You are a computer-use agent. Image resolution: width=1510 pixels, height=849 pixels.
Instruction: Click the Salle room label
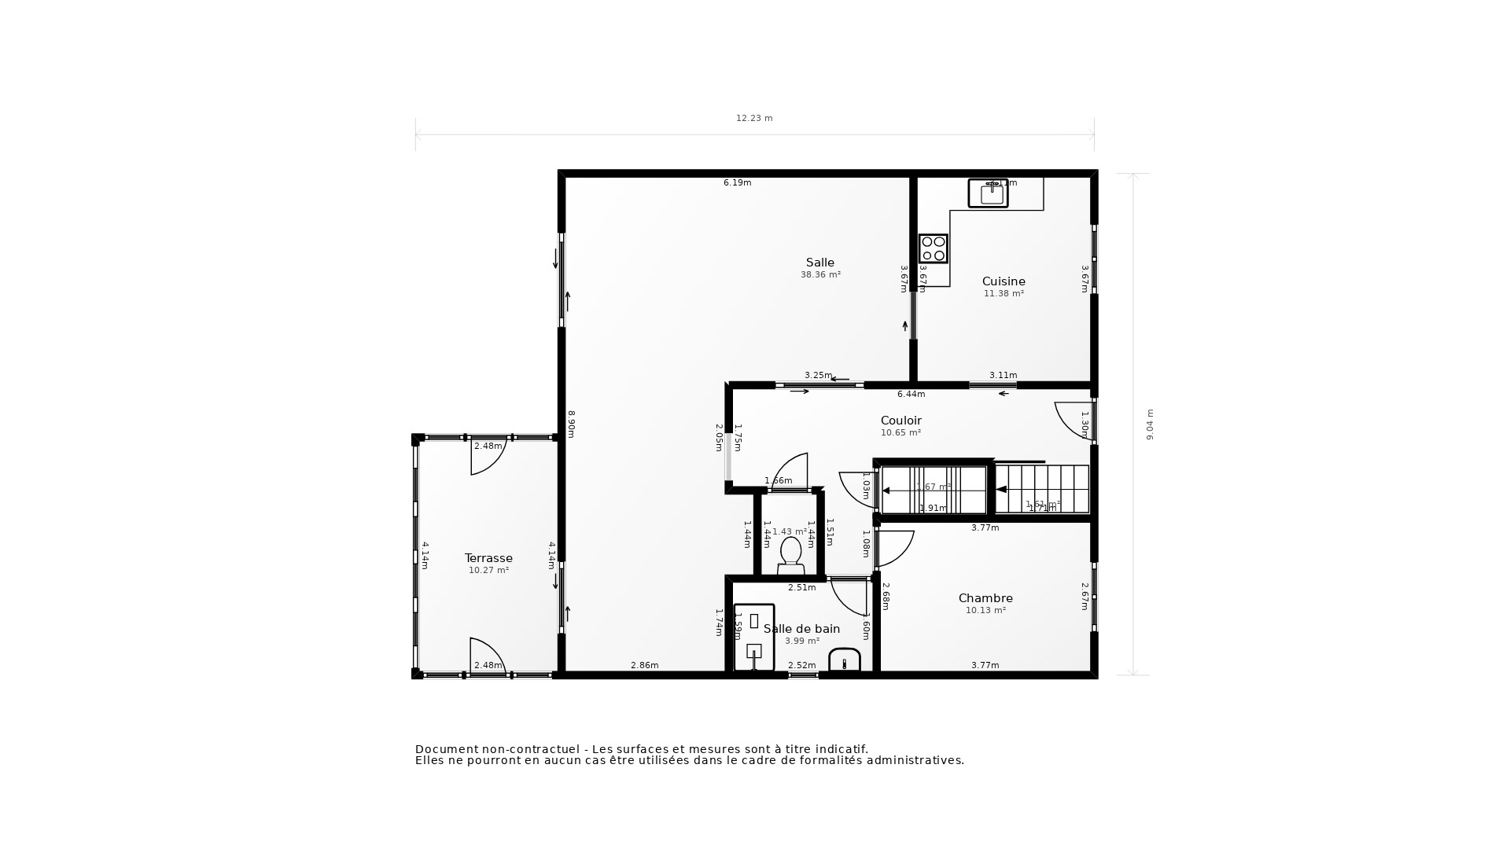click(x=819, y=263)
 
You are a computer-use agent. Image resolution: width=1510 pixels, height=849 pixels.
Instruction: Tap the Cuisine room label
click(x=1004, y=281)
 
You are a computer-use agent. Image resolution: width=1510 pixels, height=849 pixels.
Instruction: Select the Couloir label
click(x=900, y=421)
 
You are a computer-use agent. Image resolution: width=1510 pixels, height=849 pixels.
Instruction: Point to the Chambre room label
click(x=985, y=598)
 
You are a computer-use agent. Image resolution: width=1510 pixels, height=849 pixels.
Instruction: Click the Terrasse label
click(x=488, y=558)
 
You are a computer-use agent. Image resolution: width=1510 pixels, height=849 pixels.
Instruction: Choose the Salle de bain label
click(x=801, y=629)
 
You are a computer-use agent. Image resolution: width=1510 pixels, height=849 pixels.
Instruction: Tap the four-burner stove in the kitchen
click(x=934, y=248)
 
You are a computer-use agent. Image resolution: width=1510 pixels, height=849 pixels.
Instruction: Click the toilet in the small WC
click(x=790, y=553)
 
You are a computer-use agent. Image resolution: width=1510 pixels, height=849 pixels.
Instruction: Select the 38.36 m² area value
click(x=820, y=275)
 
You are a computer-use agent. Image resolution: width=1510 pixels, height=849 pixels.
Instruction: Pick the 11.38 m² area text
click(x=1004, y=294)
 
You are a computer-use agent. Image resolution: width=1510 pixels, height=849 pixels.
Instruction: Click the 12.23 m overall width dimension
click(x=754, y=119)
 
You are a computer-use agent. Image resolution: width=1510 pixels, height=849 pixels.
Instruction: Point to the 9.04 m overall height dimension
click(x=1150, y=424)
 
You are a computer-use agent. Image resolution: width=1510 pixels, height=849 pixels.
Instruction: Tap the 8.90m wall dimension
click(x=572, y=424)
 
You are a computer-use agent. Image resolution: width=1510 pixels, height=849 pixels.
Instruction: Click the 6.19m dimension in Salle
click(x=737, y=183)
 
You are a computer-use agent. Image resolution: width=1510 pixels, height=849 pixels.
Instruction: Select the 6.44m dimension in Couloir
click(x=911, y=394)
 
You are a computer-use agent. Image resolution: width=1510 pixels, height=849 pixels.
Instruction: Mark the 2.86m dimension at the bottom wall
click(x=644, y=666)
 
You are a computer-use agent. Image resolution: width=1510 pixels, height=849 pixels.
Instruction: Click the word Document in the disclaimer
click(x=445, y=749)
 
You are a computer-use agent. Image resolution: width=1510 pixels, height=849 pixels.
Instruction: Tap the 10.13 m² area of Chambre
click(x=985, y=611)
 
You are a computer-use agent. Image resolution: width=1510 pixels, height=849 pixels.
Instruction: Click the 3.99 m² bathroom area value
click(x=801, y=641)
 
